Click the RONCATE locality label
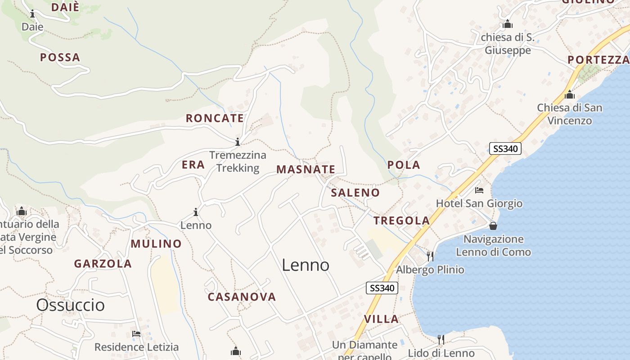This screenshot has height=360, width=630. [215, 118]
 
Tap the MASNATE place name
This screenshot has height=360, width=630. [306, 170]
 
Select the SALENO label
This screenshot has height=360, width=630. [355, 193]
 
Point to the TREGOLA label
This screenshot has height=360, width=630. [402, 220]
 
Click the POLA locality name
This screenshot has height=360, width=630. [404, 165]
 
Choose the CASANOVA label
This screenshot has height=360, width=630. [242, 297]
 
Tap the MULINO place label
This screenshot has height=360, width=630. [156, 244]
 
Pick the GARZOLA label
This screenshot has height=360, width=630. [103, 264]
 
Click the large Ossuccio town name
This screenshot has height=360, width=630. [70, 305]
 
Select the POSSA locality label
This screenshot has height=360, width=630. [60, 58]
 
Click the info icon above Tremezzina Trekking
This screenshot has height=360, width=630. [238, 142]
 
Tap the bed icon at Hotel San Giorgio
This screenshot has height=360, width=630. [479, 190]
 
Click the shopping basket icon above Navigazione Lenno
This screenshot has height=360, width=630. [493, 225]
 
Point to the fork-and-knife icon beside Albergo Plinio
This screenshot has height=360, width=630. [430, 256]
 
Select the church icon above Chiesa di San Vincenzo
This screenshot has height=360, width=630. [570, 95]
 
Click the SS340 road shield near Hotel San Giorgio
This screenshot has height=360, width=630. [505, 148]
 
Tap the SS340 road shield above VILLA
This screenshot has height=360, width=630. [382, 288]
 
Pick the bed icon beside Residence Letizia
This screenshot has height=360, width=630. [136, 334]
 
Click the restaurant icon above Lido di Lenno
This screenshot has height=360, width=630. [441, 339]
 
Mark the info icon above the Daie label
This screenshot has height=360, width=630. [32, 14]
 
